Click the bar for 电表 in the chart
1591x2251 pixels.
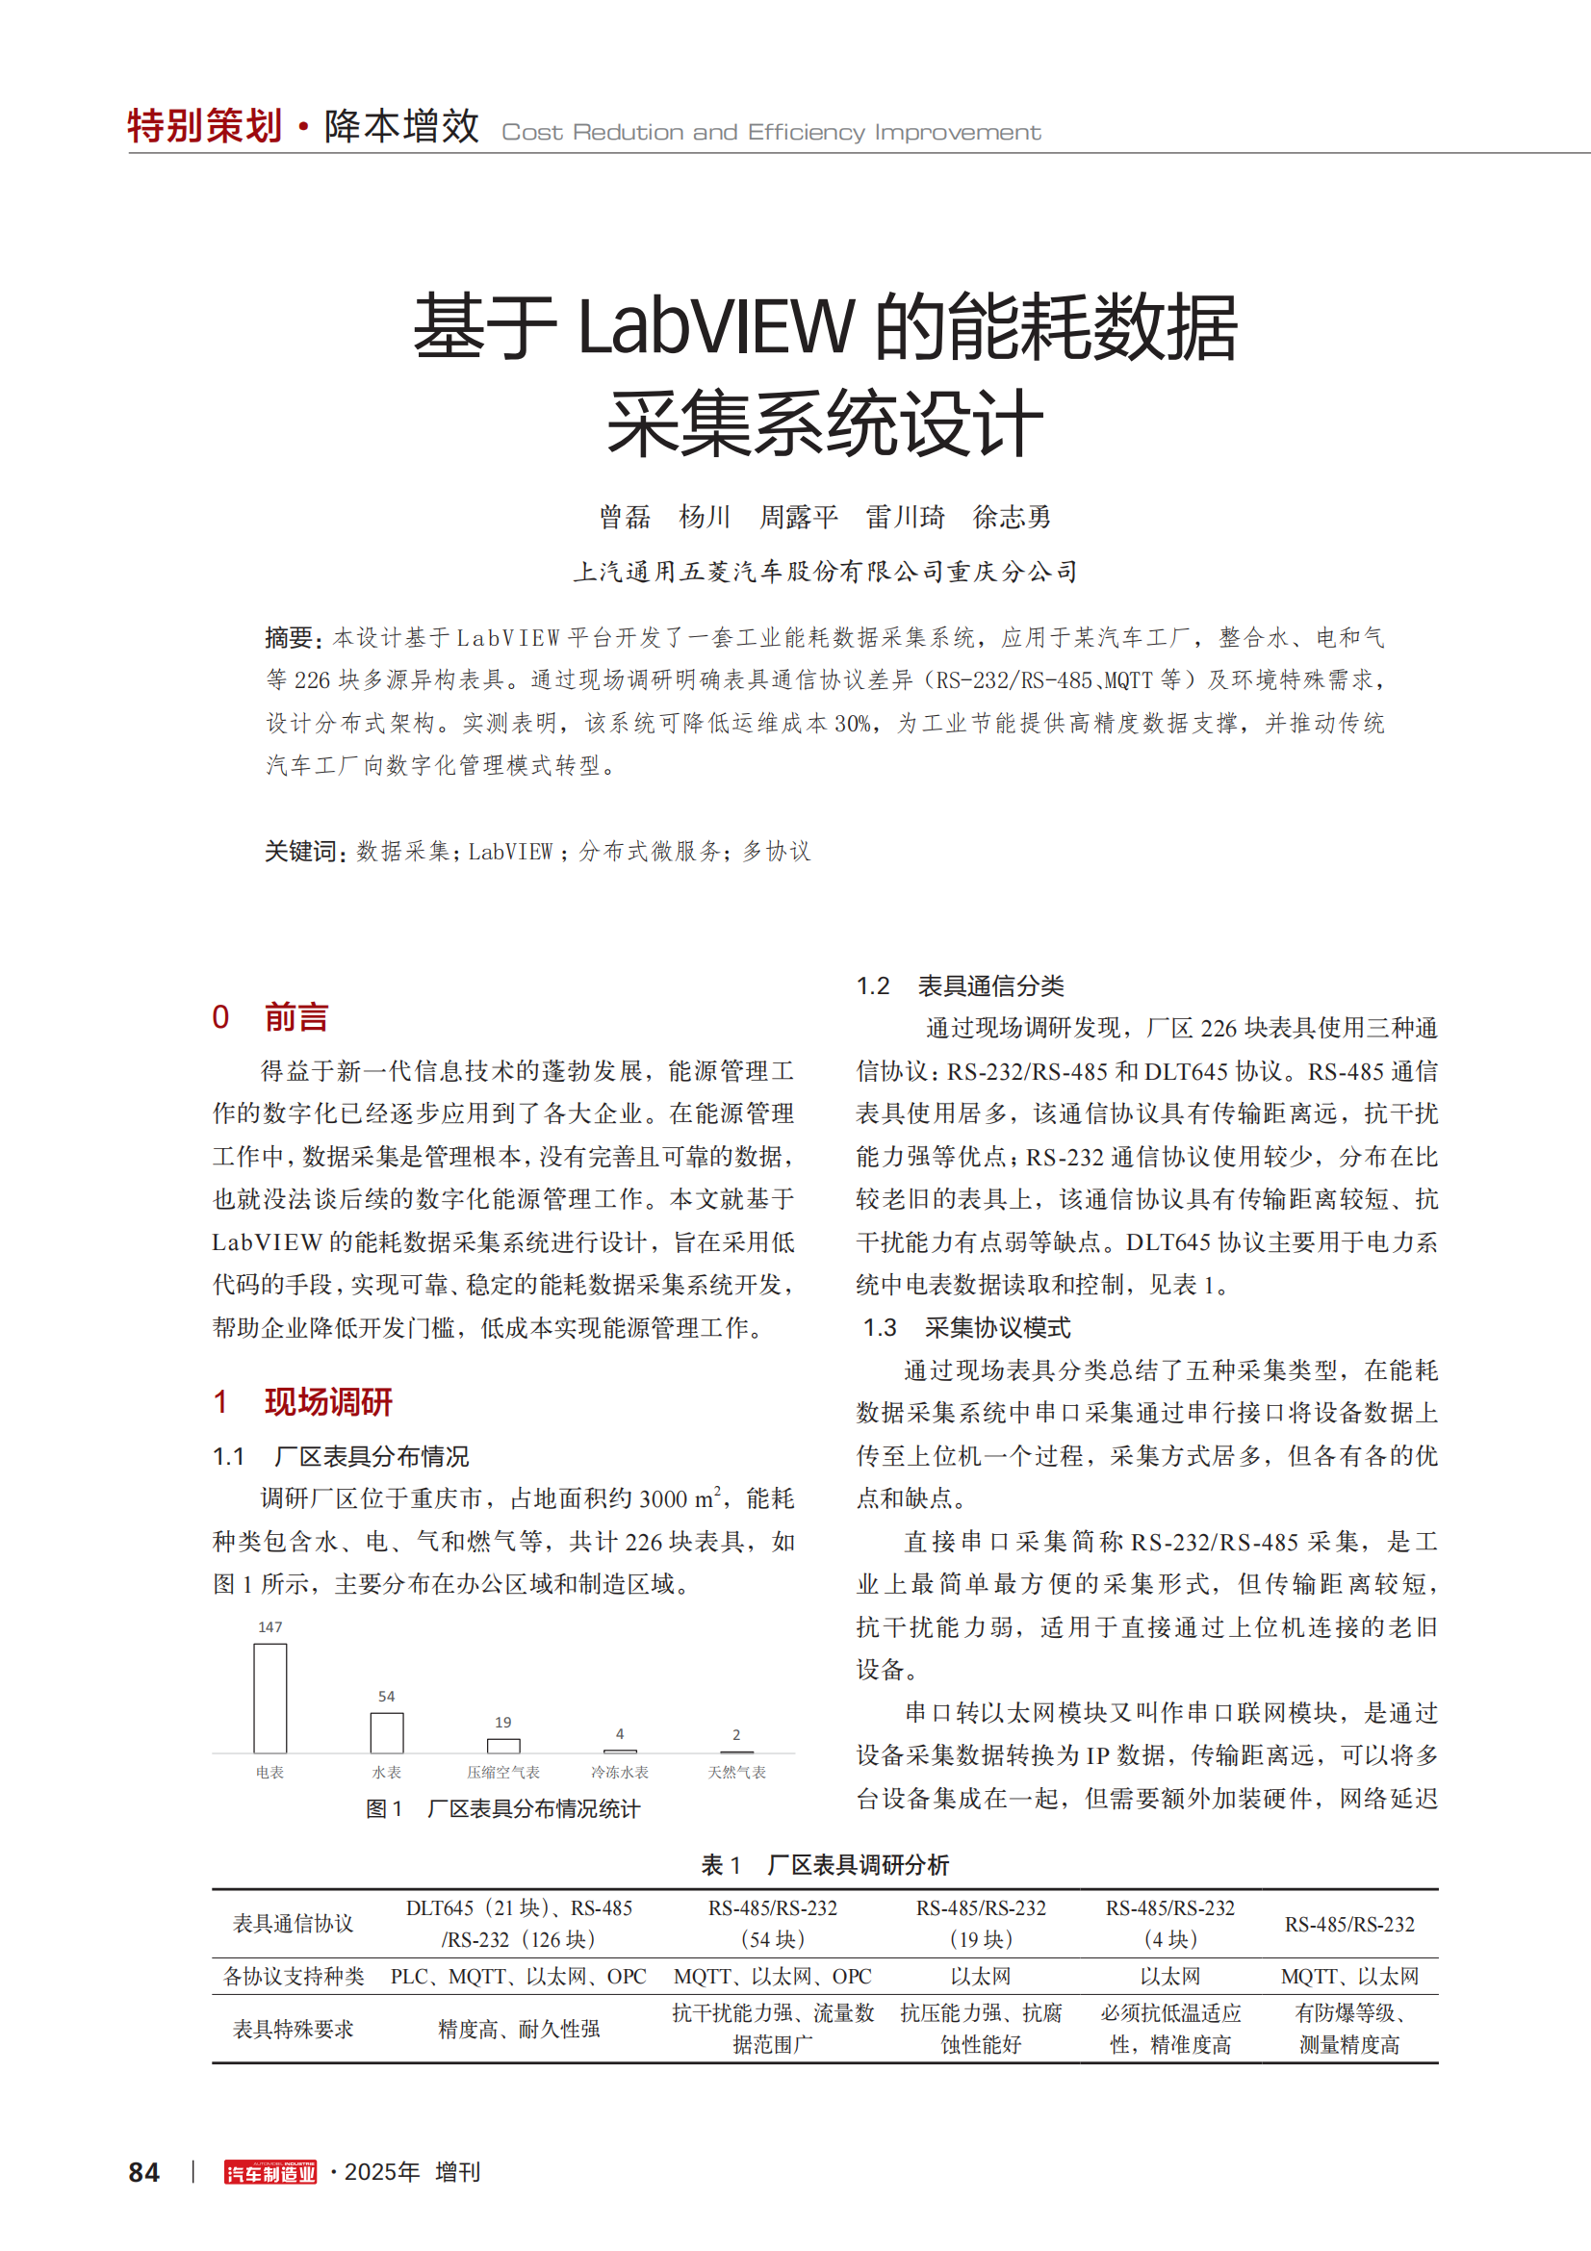click(x=269, y=1698)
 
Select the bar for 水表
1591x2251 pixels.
click(x=386, y=1732)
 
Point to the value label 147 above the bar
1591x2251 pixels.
click(x=269, y=1626)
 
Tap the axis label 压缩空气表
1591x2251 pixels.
click(x=502, y=1772)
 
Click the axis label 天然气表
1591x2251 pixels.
click(x=736, y=1772)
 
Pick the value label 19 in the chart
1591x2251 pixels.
click(x=502, y=1722)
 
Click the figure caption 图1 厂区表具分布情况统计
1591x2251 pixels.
click(x=501, y=1809)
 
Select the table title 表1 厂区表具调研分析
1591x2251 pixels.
click(x=825, y=1865)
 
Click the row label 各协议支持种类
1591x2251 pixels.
click(x=294, y=1977)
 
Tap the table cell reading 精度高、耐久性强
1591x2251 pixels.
click(x=519, y=2029)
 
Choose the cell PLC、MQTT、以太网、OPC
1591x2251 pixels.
click(x=519, y=1977)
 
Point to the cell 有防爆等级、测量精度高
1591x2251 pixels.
click(x=1348, y=2029)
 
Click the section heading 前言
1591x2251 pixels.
click(x=296, y=1016)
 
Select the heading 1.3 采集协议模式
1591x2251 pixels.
click(x=966, y=1327)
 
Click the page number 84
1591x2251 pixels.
click(x=144, y=2173)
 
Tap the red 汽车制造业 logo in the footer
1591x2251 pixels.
click(x=270, y=2173)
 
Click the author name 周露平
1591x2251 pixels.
click(x=798, y=517)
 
